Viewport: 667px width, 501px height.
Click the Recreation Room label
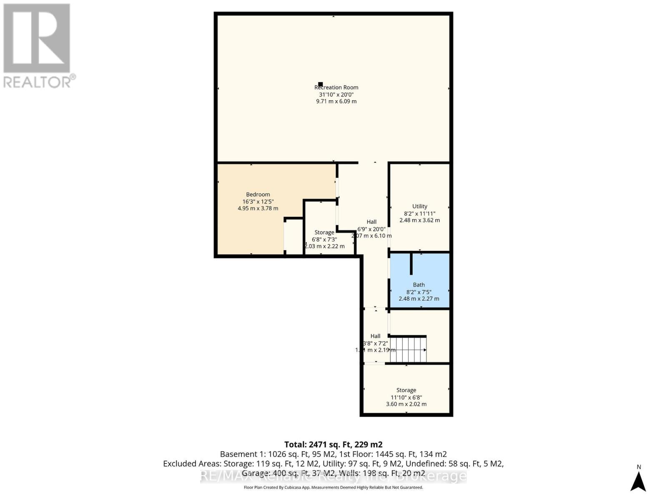click(x=336, y=87)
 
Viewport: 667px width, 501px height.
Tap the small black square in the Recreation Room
click(x=320, y=84)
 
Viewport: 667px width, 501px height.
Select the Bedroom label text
click(x=258, y=194)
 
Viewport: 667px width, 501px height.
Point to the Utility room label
click(x=419, y=206)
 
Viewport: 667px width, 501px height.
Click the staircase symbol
click(x=408, y=350)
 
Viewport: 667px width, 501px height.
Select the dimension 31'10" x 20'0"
click(x=336, y=94)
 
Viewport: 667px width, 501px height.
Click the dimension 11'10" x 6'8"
click(x=406, y=397)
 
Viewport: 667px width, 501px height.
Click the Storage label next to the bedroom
click(x=324, y=232)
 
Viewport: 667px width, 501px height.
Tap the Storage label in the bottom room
click(x=406, y=390)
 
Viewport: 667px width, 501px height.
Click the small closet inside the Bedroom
click(x=294, y=236)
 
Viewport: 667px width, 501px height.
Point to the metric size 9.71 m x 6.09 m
click(x=336, y=101)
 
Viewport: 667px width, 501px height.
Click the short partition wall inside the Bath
click(x=411, y=264)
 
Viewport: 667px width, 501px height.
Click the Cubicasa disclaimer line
click(x=333, y=487)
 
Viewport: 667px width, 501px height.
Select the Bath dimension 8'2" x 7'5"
click(x=419, y=292)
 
